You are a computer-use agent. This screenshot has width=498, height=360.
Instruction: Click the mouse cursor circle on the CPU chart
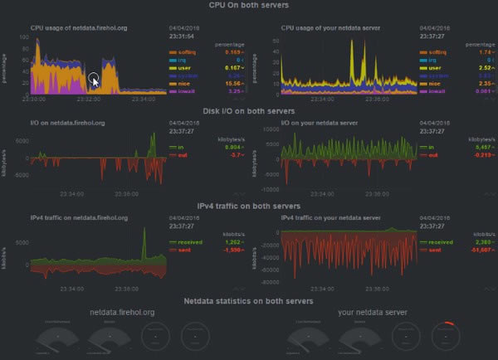click(x=94, y=80)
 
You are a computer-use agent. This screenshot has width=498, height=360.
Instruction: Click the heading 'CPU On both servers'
click(x=248, y=6)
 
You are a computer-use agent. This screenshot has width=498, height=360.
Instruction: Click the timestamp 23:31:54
click(x=183, y=36)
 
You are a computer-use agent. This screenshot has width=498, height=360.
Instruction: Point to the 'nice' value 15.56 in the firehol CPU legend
click(x=211, y=83)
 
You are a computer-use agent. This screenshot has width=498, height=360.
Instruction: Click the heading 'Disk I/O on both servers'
click(x=248, y=110)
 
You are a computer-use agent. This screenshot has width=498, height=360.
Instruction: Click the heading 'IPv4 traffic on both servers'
click(x=248, y=205)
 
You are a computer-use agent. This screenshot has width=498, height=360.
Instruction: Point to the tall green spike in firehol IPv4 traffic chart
click(x=144, y=243)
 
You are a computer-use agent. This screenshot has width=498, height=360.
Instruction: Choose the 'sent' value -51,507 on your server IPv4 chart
click(x=463, y=250)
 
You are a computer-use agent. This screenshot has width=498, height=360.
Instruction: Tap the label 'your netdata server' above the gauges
click(x=373, y=313)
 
